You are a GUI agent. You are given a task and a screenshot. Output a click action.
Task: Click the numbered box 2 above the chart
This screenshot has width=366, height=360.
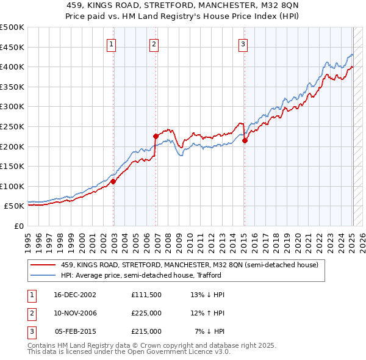click(154, 43)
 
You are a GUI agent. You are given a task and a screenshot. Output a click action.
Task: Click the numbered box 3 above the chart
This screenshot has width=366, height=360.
click(243, 43)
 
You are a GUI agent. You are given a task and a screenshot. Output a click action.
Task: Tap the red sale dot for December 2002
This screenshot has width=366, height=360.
click(113, 181)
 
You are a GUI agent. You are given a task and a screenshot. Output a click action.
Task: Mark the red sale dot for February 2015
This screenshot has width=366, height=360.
click(245, 140)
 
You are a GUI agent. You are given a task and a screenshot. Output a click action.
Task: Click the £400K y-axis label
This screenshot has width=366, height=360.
click(12, 67)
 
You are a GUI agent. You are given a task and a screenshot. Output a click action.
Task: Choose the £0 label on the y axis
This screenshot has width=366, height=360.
click(18, 226)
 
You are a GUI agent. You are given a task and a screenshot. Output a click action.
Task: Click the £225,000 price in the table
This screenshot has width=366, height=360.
click(146, 313)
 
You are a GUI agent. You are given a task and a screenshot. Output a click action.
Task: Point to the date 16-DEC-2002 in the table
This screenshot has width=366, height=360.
click(75, 295)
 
